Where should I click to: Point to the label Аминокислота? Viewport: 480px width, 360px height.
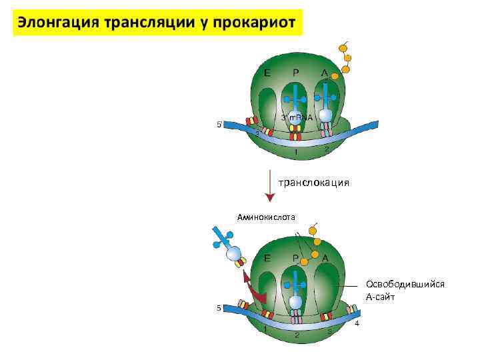coord(266,216)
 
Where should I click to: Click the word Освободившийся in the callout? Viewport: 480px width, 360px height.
coord(405,284)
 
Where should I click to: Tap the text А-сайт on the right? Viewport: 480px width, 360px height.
coord(380,297)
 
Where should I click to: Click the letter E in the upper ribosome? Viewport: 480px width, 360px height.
coord(267,73)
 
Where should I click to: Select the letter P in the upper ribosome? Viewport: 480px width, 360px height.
coord(296,73)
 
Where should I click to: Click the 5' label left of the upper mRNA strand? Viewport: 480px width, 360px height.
coord(220,124)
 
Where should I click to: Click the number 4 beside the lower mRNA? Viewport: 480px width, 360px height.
coord(357,323)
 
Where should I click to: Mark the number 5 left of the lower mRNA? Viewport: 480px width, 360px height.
coord(219,308)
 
